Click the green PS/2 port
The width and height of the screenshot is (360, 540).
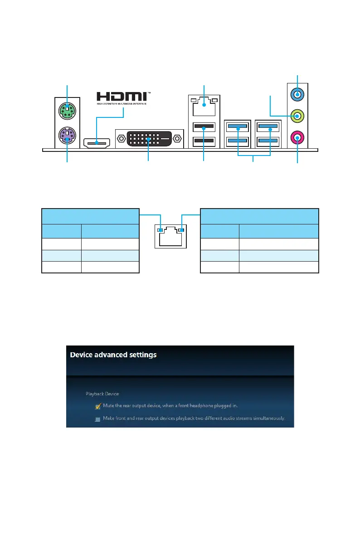(x=67, y=109)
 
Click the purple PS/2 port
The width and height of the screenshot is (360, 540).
(x=67, y=135)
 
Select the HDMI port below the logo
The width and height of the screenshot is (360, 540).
(x=97, y=143)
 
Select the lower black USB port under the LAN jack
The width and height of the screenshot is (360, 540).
(x=204, y=142)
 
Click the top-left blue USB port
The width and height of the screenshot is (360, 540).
(x=237, y=126)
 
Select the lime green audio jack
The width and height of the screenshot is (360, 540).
(x=297, y=116)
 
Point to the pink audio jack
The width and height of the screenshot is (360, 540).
(x=297, y=137)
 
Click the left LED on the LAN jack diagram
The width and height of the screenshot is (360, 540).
(x=159, y=230)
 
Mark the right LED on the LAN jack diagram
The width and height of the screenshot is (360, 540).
(x=181, y=230)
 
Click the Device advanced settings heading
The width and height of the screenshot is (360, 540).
(x=113, y=355)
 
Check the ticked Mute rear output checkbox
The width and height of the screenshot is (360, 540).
(x=97, y=406)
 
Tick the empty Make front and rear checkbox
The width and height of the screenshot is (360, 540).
(x=97, y=418)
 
